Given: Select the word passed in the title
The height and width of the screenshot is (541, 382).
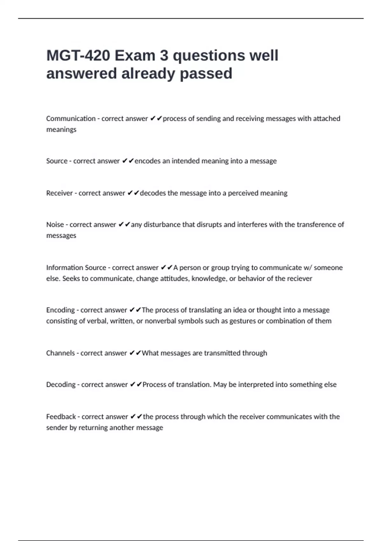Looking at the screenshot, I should pos(206,74).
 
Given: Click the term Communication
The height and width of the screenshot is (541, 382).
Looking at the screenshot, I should pos(71,118).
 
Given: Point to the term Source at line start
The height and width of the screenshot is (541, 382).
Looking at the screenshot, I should pos(57,161).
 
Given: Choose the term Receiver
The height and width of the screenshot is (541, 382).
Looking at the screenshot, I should pos(59,193).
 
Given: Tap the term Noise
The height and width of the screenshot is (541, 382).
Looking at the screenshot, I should pos(55,225).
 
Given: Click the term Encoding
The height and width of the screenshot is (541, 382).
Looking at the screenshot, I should pos(60,310).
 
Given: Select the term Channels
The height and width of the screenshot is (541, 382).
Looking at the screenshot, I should pos(60,353).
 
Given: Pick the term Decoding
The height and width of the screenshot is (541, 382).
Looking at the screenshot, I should pos(60,384).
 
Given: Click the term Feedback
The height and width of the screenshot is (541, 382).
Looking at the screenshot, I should pos(61,417).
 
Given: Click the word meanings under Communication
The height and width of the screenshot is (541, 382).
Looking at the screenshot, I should pos(61,130).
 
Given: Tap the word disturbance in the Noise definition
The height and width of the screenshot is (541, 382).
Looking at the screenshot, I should pos(162,225).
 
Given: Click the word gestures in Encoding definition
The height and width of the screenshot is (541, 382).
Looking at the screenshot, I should pos(243,321).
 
